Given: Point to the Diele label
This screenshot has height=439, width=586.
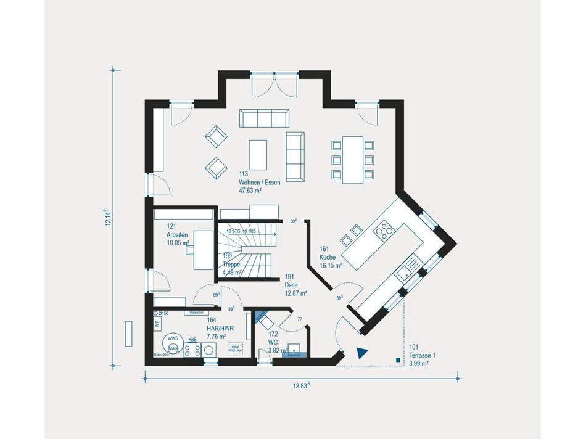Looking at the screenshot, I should (292, 285).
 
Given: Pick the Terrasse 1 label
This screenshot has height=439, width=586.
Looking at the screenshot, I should (422, 355).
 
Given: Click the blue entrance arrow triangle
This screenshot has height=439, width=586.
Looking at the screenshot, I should (362, 353).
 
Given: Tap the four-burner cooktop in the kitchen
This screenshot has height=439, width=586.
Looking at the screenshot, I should (386, 231).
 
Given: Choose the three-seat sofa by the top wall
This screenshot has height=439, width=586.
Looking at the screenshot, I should (263, 117).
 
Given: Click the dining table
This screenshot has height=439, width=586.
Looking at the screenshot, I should (353, 160).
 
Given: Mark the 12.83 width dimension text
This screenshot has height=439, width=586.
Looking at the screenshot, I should (301, 386).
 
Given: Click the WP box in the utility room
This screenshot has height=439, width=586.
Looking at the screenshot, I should (157, 323).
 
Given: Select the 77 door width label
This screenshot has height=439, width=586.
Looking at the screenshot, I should (300, 320).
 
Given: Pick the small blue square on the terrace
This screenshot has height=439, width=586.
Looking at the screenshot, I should (391, 359).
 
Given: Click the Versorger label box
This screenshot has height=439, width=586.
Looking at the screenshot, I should (197, 313).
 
